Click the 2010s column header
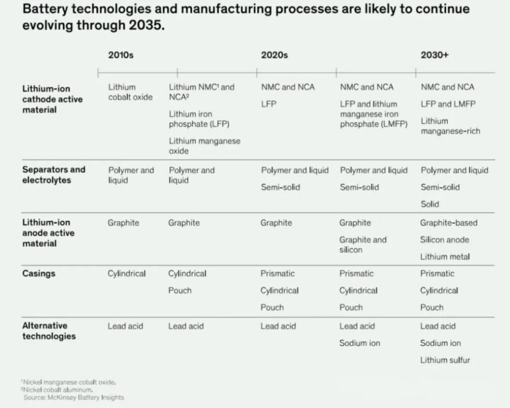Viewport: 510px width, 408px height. (121, 55)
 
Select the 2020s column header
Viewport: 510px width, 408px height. (274, 55)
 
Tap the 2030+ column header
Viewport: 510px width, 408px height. (434, 55)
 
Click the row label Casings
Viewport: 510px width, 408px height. (38, 274)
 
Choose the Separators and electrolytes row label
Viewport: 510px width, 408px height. (53, 175)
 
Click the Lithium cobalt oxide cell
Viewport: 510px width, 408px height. (130, 92)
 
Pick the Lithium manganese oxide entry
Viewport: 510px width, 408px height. (204, 146)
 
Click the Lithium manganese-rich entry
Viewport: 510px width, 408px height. (450, 126)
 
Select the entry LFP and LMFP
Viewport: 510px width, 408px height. (448, 104)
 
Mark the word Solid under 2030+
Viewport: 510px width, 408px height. (430, 204)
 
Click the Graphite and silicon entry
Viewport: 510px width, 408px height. (363, 244)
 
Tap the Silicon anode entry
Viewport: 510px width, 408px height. (444, 240)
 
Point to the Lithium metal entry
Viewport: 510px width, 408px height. (445, 257)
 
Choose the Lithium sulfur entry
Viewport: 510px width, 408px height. (445, 360)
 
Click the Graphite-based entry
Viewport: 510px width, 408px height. (448, 223)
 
